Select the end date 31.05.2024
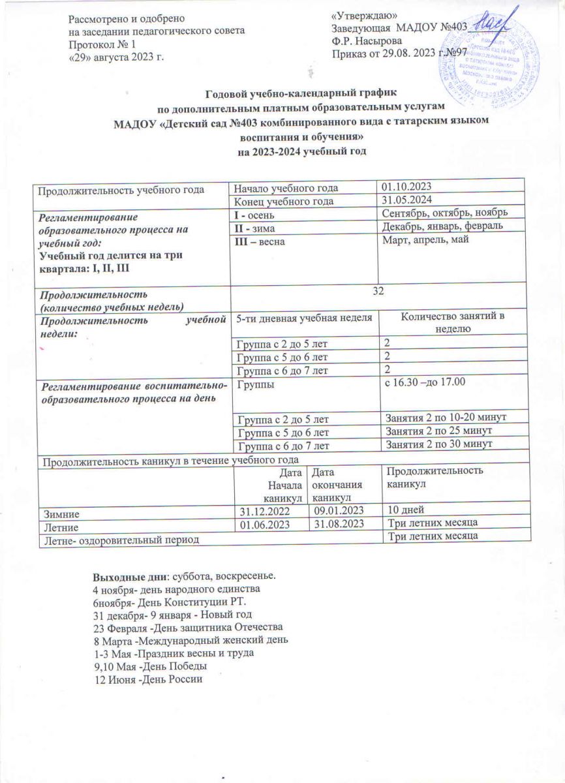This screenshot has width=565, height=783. (409, 200)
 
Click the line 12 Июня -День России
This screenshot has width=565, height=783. (149, 679)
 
